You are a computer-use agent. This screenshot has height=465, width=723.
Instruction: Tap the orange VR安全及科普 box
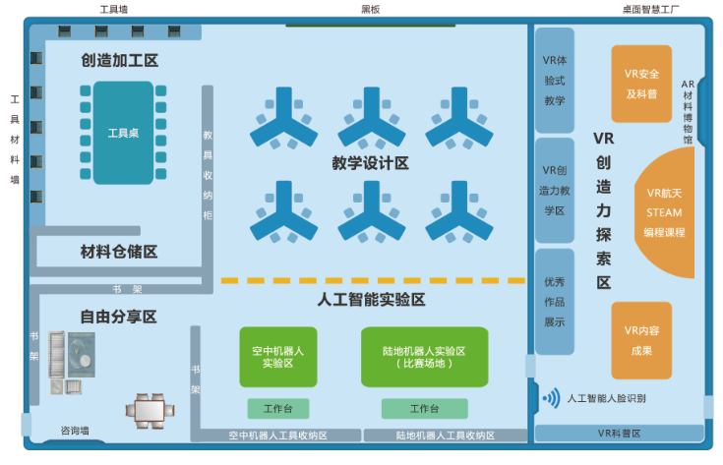641,84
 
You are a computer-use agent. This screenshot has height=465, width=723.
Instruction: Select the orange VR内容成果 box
641,340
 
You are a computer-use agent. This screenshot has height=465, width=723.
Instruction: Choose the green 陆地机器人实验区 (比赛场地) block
424,356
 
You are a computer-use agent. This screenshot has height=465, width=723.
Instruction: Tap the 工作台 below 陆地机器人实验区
424,408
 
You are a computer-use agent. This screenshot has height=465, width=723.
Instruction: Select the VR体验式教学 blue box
554,80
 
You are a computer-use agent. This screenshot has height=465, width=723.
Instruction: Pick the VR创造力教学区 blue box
554,190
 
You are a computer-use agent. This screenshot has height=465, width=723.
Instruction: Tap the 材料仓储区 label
119,252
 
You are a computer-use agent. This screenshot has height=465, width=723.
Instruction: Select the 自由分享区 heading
119,317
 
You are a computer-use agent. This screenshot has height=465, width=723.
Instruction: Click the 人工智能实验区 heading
372,299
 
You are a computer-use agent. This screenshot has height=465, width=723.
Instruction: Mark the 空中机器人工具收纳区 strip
277,435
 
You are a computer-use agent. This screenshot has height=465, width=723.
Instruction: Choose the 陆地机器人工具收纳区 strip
446,435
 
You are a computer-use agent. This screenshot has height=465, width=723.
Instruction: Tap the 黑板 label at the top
370,10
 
